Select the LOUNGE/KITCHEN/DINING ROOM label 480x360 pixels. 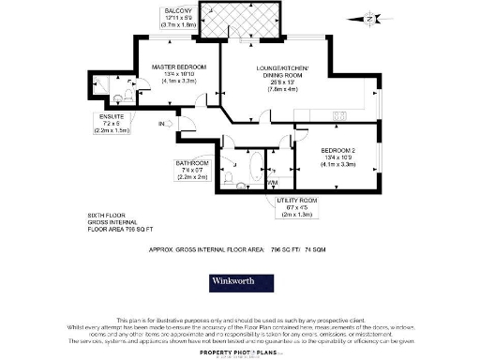point(293,73)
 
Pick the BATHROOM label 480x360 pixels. point(193,162)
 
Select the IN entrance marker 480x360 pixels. point(161,123)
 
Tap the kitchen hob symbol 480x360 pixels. point(338,114)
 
